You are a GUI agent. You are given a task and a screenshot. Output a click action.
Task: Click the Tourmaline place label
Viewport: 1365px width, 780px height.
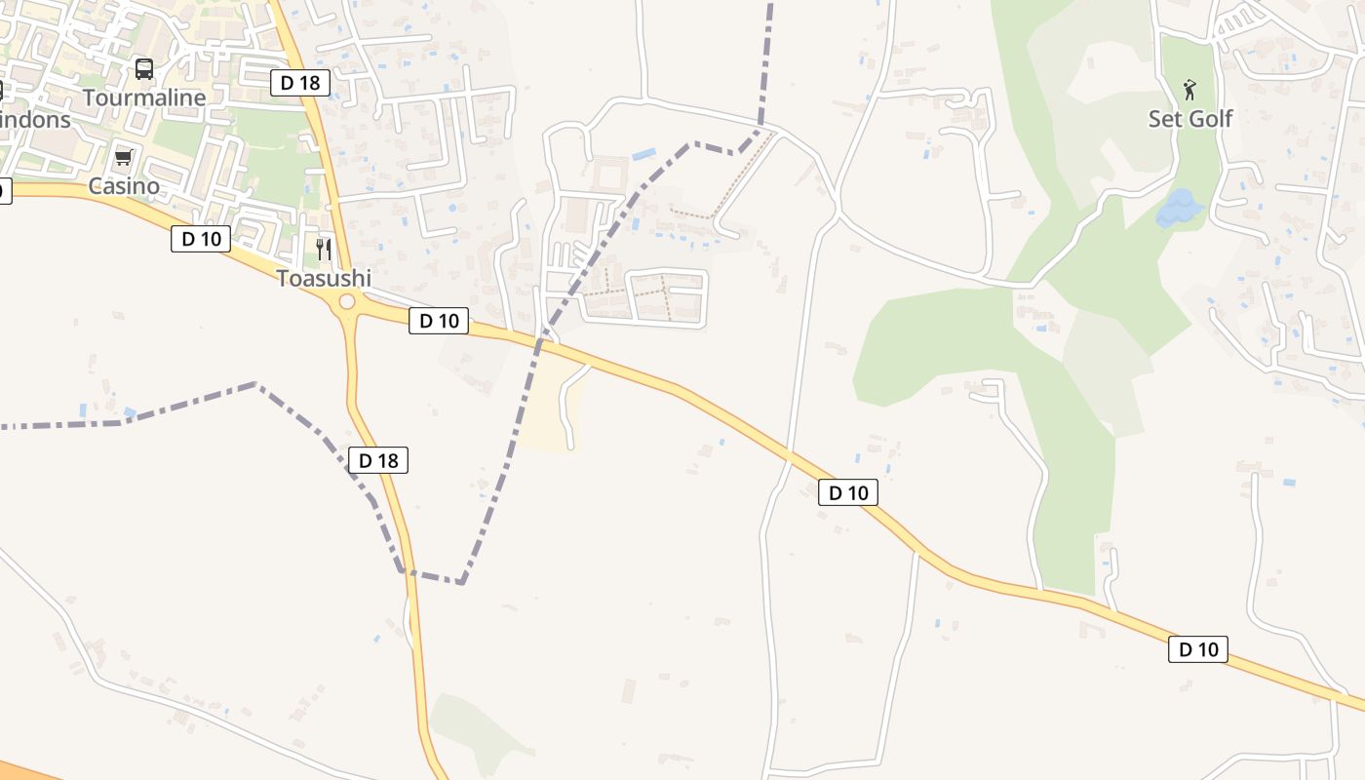point(144,97)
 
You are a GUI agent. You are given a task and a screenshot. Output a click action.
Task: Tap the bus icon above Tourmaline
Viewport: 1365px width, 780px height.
point(144,68)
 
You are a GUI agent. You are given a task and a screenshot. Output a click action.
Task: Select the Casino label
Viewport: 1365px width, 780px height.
point(124,185)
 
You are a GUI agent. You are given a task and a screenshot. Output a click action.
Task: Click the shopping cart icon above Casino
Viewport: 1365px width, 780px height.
point(123,157)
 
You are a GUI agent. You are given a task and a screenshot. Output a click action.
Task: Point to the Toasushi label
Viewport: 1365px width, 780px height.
point(324,278)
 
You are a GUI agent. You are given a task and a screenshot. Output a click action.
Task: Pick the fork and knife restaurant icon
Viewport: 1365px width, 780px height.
point(324,250)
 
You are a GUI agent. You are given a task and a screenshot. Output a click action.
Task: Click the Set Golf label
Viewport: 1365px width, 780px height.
point(1189,119)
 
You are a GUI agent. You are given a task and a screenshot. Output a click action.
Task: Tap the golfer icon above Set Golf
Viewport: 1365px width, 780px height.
point(1189,91)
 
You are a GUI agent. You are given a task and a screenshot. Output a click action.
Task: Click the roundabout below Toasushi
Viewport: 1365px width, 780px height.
point(346,302)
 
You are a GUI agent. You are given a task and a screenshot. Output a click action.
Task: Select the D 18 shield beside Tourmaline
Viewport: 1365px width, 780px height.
point(300,83)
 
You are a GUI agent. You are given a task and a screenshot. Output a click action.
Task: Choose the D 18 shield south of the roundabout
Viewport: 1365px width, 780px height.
point(378,460)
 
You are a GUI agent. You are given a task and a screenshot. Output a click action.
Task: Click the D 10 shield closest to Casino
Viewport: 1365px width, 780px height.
point(201,238)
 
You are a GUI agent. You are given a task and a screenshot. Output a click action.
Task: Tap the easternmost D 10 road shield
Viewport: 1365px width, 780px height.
point(1198,649)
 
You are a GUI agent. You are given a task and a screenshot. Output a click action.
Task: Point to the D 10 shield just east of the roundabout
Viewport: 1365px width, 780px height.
point(439,321)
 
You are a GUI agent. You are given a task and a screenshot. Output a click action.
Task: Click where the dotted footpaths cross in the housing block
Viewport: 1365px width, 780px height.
point(666,291)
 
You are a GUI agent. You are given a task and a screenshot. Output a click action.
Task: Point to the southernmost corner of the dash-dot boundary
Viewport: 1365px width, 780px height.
point(461,582)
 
